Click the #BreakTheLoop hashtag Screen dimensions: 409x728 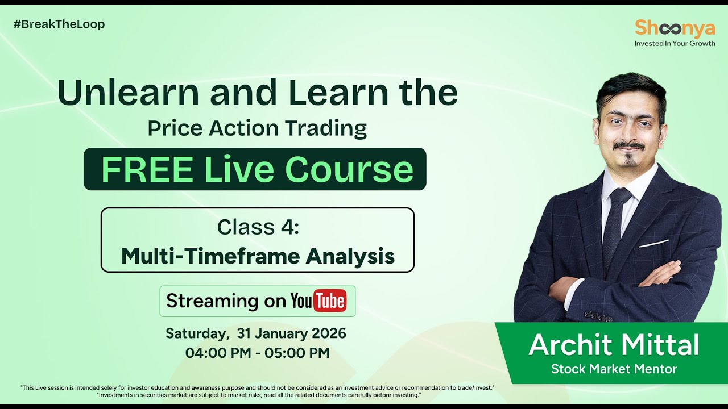[x=59, y=24]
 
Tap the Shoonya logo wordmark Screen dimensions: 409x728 [x=675, y=28]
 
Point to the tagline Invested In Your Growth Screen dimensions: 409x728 [x=675, y=43]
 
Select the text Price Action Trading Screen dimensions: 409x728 [x=257, y=128]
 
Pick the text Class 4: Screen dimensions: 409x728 [x=258, y=227]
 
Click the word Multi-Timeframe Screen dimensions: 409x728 [x=210, y=256]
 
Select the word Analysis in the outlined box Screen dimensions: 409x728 [x=350, y=256]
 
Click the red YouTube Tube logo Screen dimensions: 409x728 [x=329, y=301]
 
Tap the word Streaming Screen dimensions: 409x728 [x=212, y=301]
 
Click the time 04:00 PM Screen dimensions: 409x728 [x=218, y=353]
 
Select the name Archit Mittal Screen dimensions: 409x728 [x=614, y=345]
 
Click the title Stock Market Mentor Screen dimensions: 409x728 [x=614, y=369]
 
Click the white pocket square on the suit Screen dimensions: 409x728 [x=653, y=243]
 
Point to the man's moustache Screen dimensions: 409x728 [x=628, y=146]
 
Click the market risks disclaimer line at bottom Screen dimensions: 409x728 [x=259, y=395]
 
